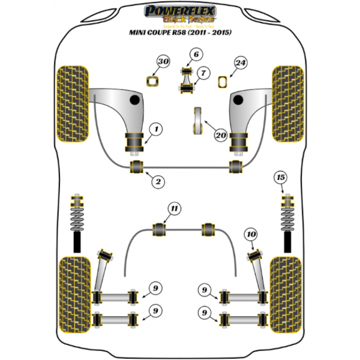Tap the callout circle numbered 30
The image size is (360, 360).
(x=163, y=62)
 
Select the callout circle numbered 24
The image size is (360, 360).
(x=241, y=62)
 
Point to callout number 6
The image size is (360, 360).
(x=194, y=56)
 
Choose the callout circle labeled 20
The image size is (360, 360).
(x=221, y=136)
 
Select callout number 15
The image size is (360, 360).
(x=281, y=177)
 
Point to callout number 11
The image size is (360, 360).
(x=174, y=209)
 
